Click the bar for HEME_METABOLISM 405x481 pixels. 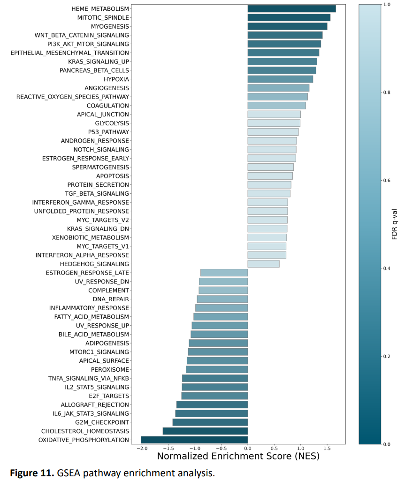291,9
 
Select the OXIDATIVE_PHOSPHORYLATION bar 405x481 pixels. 194,440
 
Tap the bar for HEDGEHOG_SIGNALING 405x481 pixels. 263,264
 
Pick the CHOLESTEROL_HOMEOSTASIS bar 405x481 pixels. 205,431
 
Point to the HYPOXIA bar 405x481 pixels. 280,79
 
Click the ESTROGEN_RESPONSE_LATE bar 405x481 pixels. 224,273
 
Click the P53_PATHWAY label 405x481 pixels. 108,132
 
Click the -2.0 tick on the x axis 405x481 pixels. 141,449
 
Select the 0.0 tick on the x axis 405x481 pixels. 248,449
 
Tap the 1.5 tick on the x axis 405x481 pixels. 327,449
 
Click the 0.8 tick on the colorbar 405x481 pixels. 387,92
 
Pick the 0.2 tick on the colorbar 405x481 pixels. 387,356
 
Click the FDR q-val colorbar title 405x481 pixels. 395,224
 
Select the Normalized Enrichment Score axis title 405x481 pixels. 238,456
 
